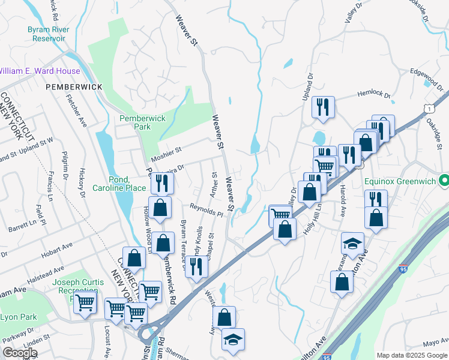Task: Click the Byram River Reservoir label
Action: pos(48,34)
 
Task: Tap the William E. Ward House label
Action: pos(40,71)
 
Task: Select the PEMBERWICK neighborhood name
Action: pos(74,87)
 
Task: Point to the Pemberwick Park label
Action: pos(143,122)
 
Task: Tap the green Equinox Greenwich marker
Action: pos(444,179)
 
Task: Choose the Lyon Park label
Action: pos(18,317)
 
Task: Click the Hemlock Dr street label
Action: pos(374,95)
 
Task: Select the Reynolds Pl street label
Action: pos(206,209)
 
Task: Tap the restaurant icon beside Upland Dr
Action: pos(323,107)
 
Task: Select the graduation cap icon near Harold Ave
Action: pos(353,243)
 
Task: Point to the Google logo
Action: pos(20,353)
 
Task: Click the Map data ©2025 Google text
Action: pos(412,355)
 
